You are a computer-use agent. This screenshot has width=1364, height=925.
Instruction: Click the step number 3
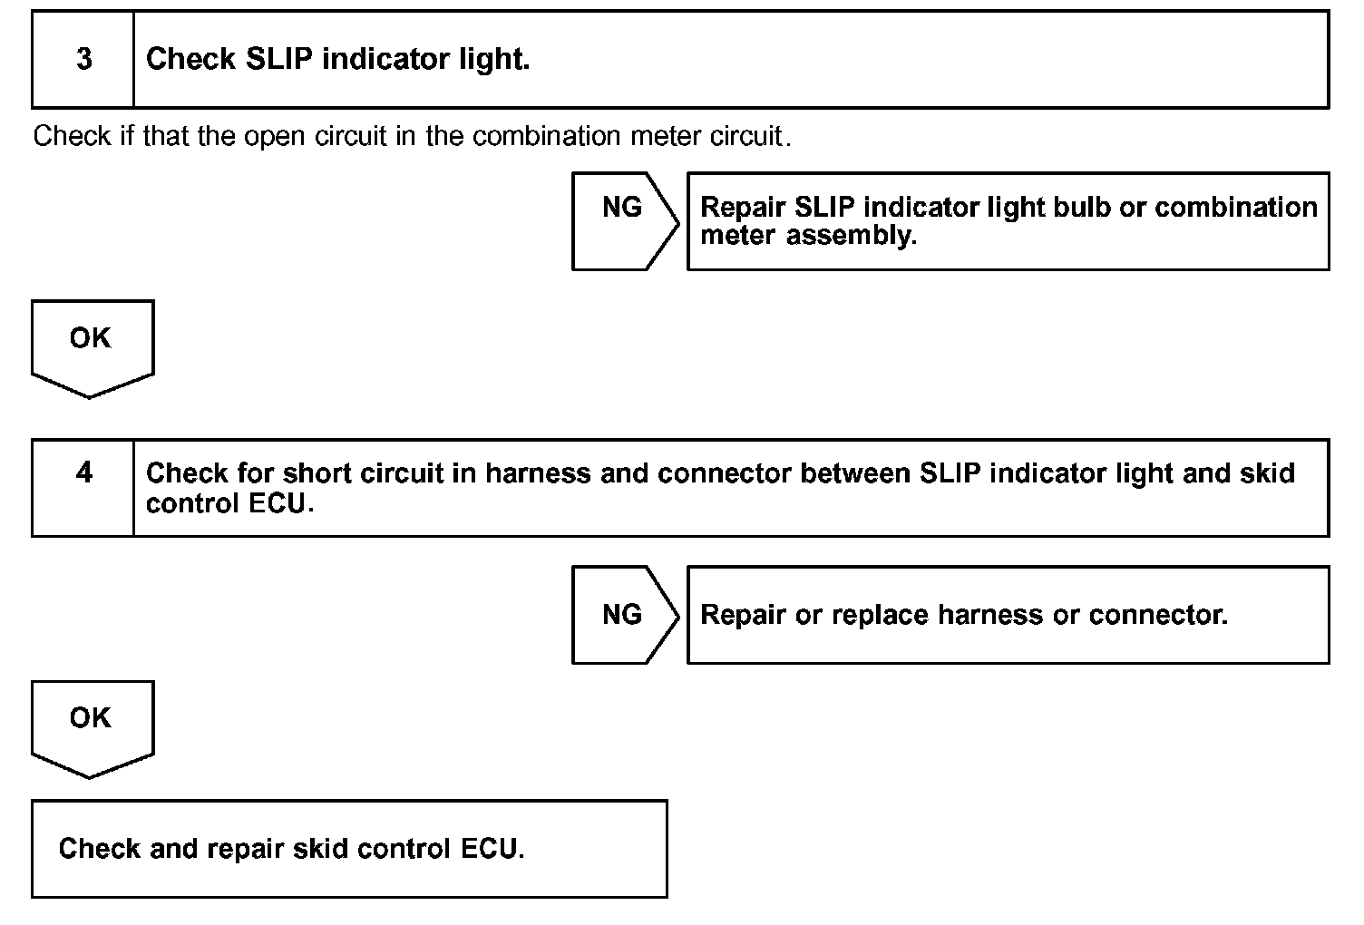pyautogui.click(x=83, y=60)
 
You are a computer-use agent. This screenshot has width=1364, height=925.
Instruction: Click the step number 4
pyautogui.click(x=83, y=473)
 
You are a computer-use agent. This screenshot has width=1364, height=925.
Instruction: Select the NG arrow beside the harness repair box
pyautogui.click(x=623, y=615)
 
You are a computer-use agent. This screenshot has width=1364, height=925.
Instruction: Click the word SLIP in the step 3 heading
pyautogui.click(x=280, y=60)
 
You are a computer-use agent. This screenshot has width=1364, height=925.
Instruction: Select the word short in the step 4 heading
pyautogui.click(x=317, y=473)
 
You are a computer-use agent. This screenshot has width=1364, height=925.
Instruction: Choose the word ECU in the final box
pyautogui.click(x=492, y=849)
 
